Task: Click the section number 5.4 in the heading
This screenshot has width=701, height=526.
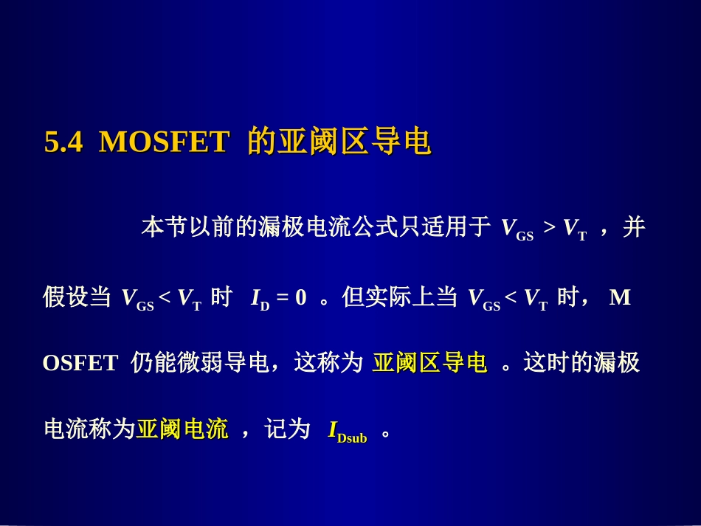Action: click(63, 143)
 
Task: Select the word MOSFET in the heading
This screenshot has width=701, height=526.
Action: click(163, 143)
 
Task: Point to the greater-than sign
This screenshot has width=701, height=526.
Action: click(549, 229)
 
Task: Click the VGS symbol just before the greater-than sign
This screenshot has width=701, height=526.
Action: click(517, 230)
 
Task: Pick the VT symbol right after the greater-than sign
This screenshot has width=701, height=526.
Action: click(575, 230)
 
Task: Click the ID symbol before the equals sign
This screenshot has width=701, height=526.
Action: click(260, 300)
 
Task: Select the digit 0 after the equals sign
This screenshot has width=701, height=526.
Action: click(300, 298)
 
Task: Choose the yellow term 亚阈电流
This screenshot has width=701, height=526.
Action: click(182, 429)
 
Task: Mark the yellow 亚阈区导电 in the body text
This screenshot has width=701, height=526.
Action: click(429, 363)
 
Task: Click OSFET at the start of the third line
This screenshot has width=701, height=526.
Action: click(80, 364)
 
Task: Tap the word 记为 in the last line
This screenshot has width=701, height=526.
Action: click(287, 429)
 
